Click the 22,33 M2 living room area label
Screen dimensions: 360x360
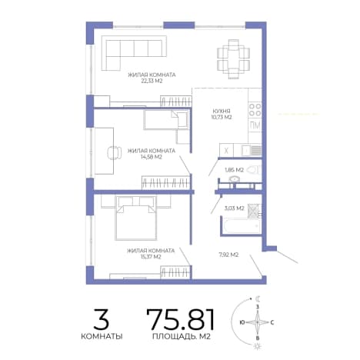[152, 81]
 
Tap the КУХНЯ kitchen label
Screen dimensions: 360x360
[222, 111]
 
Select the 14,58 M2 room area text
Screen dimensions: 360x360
[152, 157]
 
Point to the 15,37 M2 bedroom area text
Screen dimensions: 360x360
[151, 257]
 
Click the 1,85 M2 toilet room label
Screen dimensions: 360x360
[234, 170]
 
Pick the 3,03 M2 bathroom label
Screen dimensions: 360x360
[234, 208]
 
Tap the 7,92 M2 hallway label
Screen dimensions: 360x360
[228, 255]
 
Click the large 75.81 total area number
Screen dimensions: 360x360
[180, 319]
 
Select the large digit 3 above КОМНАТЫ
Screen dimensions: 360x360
[102, 319]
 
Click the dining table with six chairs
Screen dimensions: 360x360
[233, 59]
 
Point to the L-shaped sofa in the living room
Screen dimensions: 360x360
[133, 52]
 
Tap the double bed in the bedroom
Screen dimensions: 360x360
[135, 218]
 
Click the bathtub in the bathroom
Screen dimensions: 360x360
[242, 226]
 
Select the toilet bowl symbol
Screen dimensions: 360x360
[255, 170]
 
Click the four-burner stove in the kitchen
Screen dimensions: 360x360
[255, 110]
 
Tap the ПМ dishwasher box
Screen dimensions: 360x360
[255, 125]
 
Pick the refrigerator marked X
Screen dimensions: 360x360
[226, 150]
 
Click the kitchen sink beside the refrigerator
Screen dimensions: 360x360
[252, 150]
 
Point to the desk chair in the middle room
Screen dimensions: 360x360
[115, 152]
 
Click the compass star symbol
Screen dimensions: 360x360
[258, 322]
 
